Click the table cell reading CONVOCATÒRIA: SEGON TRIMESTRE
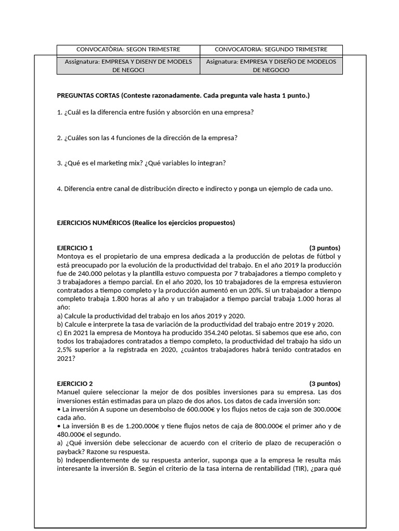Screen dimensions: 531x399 click(128, 49)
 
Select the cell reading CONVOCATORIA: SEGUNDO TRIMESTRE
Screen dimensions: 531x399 click(271, 49)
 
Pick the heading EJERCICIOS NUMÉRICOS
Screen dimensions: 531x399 click(94, 223)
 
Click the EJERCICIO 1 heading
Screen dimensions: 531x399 click(75, 247)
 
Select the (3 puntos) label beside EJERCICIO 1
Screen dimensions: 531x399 click(325, 247)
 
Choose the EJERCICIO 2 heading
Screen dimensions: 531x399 click(75, 384)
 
